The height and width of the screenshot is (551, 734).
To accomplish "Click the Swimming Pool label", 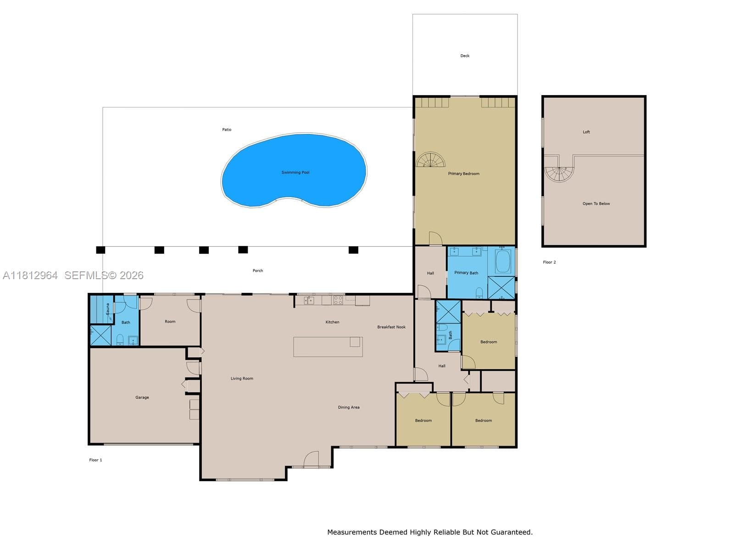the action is pos(295,172).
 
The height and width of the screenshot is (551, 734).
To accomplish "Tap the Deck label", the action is pos(465,56).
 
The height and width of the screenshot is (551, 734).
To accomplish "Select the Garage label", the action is pos(142,397).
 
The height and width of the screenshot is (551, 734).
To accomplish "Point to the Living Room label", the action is pos(242,378).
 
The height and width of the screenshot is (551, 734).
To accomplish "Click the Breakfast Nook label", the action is pos(391,327).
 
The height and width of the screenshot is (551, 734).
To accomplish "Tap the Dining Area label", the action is pos(349,407).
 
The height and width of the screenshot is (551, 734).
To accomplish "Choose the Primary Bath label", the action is pos(466,273).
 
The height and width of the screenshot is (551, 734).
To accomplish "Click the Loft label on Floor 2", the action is pos(586,132).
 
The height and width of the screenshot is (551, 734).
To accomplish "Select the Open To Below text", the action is pos(596,203).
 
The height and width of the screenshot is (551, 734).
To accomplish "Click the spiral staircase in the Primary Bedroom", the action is pos(431,160).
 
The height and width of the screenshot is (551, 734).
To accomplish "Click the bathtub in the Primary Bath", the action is pos(502,261).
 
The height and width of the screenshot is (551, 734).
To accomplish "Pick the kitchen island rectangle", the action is pos(328,347).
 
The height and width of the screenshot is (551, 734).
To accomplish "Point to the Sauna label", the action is pos(108,309).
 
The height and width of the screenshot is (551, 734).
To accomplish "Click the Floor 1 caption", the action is pos(95,460).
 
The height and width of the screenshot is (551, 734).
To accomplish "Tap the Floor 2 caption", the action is pos(550,262).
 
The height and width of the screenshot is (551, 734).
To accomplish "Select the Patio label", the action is pos(227,129).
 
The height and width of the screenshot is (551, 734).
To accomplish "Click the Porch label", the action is pos(258,270).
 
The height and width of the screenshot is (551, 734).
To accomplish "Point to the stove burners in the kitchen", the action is pos(338,300).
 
